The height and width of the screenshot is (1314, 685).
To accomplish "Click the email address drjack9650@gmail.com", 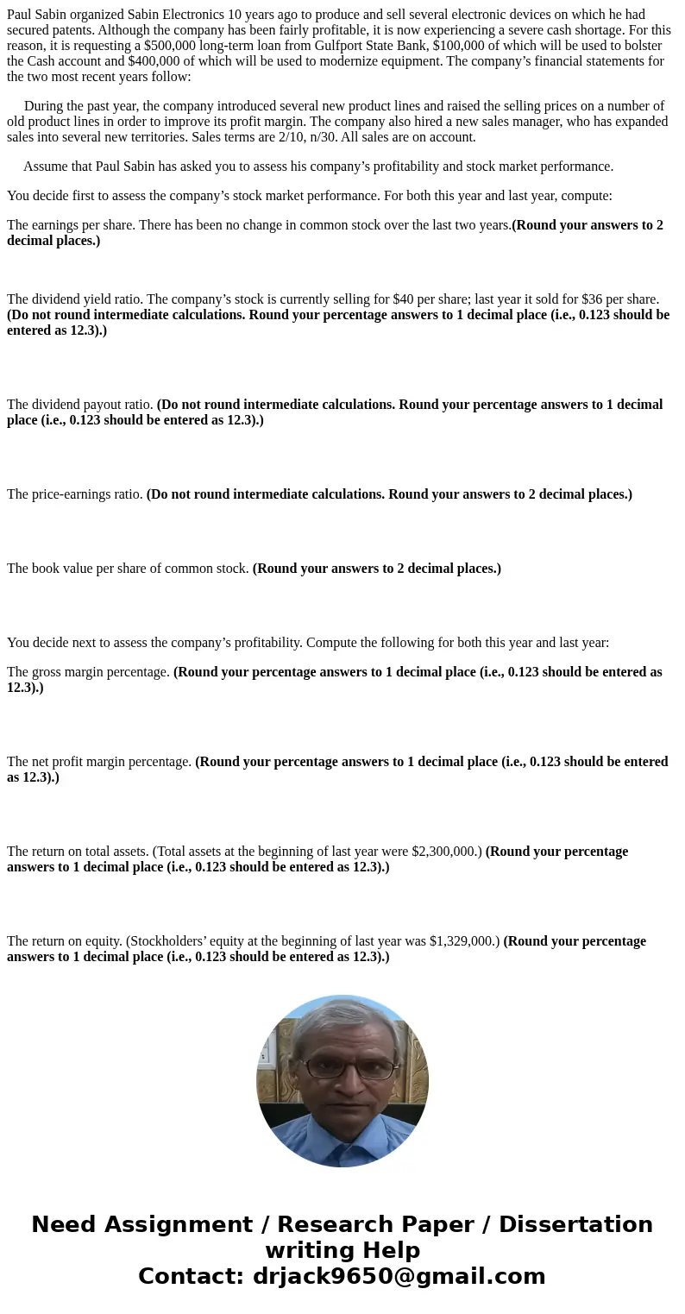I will (x=399, y=1277).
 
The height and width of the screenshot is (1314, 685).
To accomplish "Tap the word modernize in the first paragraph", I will (x=456, y=61).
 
